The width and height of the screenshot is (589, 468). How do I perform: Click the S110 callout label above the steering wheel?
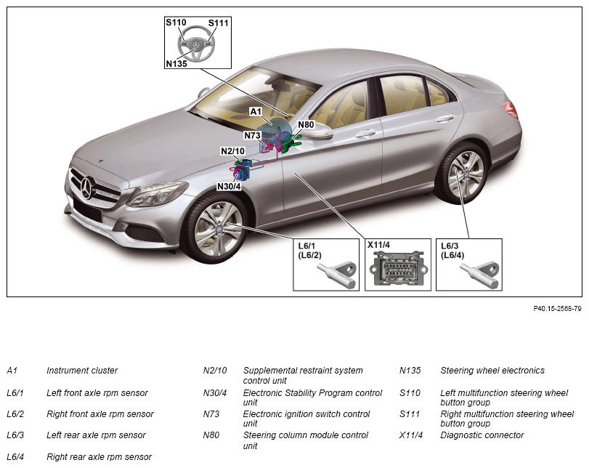tap(176, 23)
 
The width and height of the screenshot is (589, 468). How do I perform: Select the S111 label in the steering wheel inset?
tap(219, 23)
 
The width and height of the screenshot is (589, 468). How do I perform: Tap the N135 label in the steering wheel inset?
tap(176, 63)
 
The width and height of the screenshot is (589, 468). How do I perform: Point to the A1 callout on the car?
tap(256, 112)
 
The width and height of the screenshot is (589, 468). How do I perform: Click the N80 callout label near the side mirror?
tap(306, 124)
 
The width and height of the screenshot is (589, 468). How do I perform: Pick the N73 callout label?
tap(252, 135)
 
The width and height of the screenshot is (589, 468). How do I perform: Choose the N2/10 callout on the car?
tap(232, 151)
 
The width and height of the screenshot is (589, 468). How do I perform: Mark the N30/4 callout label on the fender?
tap(229, 187)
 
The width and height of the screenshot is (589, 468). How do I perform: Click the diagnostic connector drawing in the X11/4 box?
tap(398, 268)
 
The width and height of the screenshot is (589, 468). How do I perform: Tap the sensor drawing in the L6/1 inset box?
tap(337, 275)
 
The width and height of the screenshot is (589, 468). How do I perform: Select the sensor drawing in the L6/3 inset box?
tap(480, 275)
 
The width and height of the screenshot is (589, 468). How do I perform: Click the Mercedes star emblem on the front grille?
tap(86, 187)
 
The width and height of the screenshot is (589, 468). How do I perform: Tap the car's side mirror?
tap(318, 132)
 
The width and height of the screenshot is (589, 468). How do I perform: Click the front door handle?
tap(366, 134)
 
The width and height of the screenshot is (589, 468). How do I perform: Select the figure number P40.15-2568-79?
tap(558, 309)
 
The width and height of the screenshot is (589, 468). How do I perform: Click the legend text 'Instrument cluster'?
tap(82, 371)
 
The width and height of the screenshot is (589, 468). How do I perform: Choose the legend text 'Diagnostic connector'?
tap(482, 435)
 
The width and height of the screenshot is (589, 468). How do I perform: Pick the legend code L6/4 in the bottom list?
tap(15, 456)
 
